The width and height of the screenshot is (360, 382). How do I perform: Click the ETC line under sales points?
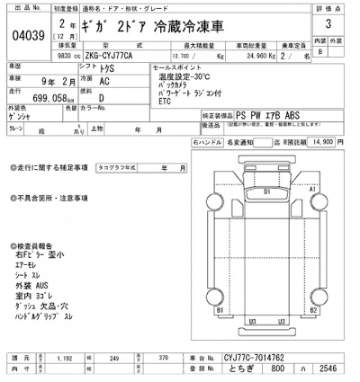pos(164,101)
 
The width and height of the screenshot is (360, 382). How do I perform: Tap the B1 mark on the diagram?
pos(220,309)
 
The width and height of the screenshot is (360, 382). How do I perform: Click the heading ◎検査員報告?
pos(36,245)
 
